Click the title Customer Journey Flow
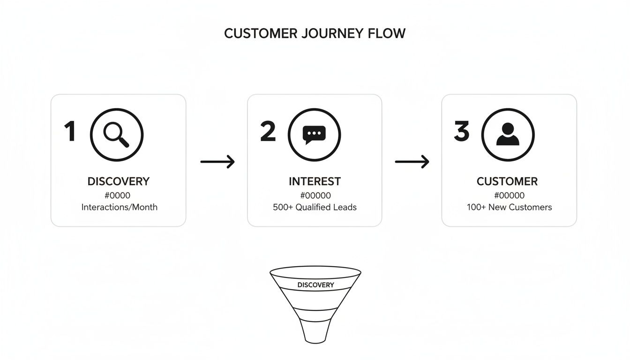[x=315, y=34]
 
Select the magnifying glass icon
[x=116, y=135]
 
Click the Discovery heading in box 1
[x=119, y=181]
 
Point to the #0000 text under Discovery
[x=117, y=195]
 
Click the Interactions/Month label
[x=119, y=207]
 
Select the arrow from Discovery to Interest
[x=217, y=162]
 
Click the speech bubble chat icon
[x=314, y=135]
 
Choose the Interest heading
[x=315, y=181]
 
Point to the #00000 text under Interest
[x=315, y=195]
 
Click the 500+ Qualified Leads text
[x=315, y=207]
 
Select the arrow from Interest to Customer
[x=412, y=162]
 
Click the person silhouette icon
[x=508, y=135]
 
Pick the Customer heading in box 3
[x=507, y=181]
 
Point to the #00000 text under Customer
[x=509, y=195]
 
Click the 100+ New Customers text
[x=509, y=207]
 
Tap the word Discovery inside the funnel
[x=315, y=285]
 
